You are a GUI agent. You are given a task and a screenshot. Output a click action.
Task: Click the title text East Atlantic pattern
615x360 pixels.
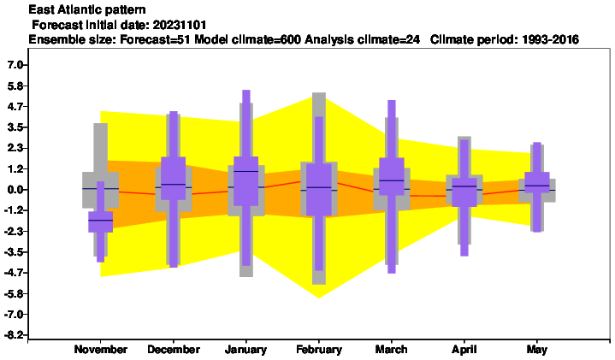click(x=87, y=9)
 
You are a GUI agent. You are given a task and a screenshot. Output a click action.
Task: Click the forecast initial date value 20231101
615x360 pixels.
click(x=180, y=25)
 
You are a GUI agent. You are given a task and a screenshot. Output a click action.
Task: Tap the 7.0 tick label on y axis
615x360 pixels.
click(x=16, y=65)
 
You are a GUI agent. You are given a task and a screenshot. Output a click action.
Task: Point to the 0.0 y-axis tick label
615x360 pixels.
click(x=16, y=190)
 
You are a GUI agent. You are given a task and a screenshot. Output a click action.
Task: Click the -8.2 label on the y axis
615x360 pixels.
click(x=15, y=335)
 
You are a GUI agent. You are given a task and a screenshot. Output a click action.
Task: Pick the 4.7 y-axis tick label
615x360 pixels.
click(x=16, y=106)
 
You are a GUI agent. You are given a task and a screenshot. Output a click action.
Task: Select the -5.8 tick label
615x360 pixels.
click(x=15, y=293)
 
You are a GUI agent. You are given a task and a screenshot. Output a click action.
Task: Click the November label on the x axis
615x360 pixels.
click(x=101, y=350)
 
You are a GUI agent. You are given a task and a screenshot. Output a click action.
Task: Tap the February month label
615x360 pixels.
click(x=319, y=350)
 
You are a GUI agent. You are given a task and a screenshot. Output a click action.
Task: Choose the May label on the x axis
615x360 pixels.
click(x=537, y=350)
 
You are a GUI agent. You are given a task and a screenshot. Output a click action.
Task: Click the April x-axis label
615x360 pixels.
click(x=464, y=350)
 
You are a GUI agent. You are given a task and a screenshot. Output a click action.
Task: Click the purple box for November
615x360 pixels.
click(x=100, y=222)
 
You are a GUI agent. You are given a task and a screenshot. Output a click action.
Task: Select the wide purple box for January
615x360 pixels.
click(x=246, y=181)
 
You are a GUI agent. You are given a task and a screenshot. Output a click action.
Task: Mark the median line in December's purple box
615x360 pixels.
click(x=174, y=185)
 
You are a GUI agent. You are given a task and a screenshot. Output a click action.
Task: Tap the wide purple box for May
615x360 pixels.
click(x=537, y=182)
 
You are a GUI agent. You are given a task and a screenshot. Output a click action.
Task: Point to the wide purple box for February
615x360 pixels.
click(x=319, y=190)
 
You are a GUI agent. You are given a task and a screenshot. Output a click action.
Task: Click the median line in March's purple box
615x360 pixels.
click(x=392, y=180)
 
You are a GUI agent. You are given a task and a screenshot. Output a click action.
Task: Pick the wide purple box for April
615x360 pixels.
click(x=464, y=192)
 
